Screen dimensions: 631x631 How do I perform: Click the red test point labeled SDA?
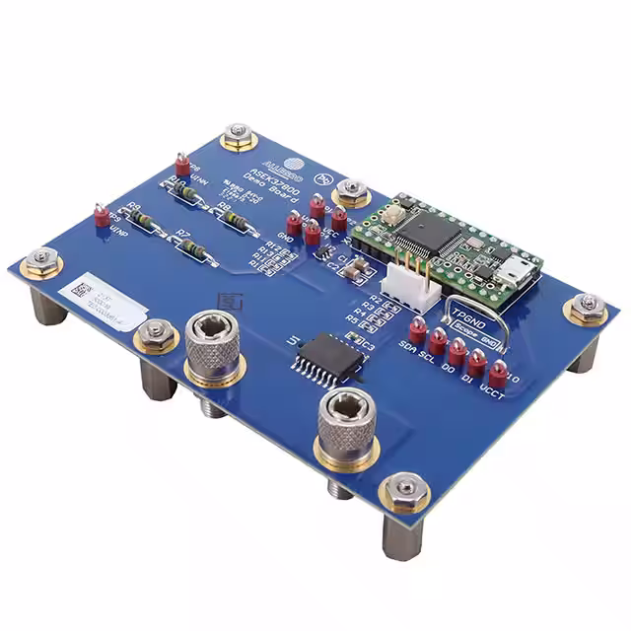(x=417, y=330)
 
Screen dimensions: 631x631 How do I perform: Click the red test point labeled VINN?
(x=181, y=162)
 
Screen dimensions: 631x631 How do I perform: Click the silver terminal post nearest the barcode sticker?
(x=214, y=346)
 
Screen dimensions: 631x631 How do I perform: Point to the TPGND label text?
(x=469, y=310)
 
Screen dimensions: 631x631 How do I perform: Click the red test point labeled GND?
(x=294, y=222)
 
